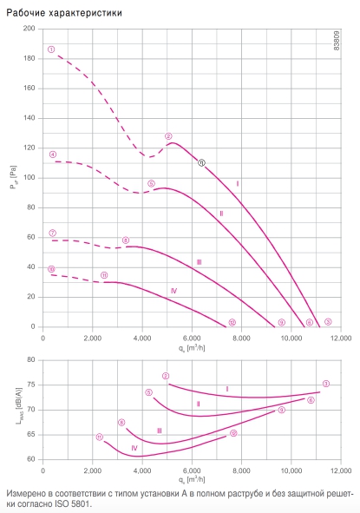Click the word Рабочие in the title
click(x=25, y=13)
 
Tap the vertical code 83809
click(x=337, y=40)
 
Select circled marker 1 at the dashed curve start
click(x=51, y=49)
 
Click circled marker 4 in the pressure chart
click(x=53, y=155)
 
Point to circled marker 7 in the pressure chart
click(x=53, y=233)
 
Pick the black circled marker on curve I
click(x=201, y=162)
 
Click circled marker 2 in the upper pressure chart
click(x=168, y=136)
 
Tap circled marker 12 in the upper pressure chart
click(x=232, y=322)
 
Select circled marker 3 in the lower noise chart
click(x=325, y=384)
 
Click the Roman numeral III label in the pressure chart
click(x=199, y=262)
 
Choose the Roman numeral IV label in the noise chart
click(x=134, y=448)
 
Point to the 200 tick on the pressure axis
click(x=29, y=29)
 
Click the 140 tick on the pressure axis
click(x=29, y=118)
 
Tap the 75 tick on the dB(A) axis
click(x=31, y=385)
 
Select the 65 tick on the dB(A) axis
click(x=31, y=435)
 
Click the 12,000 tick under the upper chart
click(x=341, y=338)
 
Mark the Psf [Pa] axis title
click(x=13, y=178)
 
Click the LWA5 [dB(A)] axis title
click(x=19, y=406)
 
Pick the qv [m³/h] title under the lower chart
click(x=192, y=479)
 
